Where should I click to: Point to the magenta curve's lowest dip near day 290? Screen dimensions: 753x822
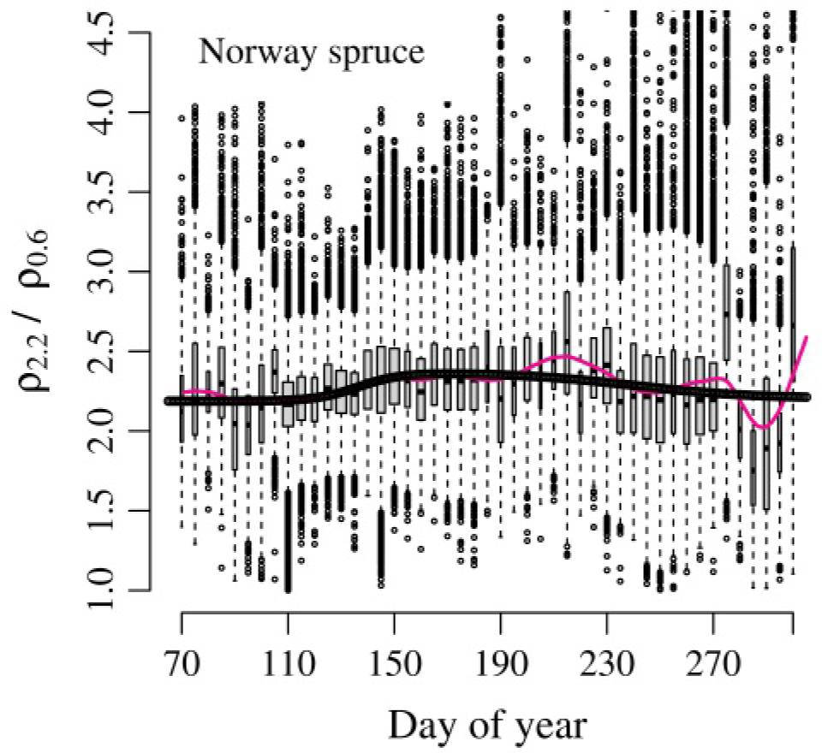click(765, 426)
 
